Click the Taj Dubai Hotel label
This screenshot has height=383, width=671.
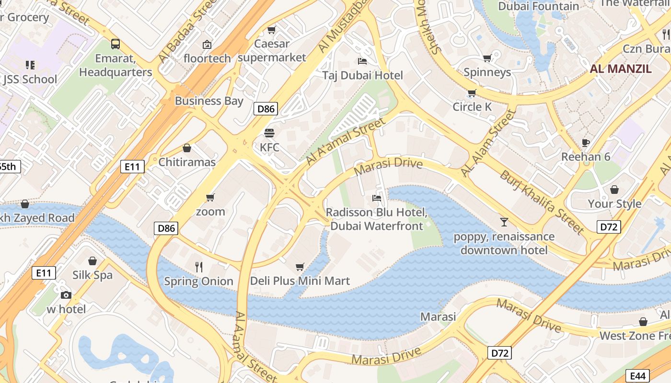pyautogui.click(x=362, y=75)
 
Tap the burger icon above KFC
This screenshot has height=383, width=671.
pyautogui.click(x=269, y=133)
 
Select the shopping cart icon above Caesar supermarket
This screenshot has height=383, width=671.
pyautogui.click(x=271, y=30)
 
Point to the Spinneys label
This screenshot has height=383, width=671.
pyautogui.click(x=487, y=72)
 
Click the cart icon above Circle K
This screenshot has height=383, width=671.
pyautogui.click(x=472, y=93)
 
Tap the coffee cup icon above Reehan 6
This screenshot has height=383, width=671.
pyautogui.click(x=585, y=143)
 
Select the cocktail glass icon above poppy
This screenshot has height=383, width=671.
pyautogui.click(x=504, y=222)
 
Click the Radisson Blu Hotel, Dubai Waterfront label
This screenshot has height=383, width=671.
pyautogui.click(x=377, y=219)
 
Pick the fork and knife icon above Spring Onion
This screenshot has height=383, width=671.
pyautogui.click(x=199, y=267)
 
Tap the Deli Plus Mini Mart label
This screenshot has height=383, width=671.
pyautogui.click(x=300, y=281)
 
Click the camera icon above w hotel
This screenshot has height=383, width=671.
pyautogui.click(x=66, y=295)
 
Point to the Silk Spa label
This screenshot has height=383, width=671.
pyautogui.click(x=93, y=275)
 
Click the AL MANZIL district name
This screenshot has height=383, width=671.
pyautogui.click(x=620, y=68)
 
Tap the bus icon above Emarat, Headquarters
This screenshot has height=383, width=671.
pyautogui.click(x=116, y=44)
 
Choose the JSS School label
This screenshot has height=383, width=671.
pyautogui.click(x=30, y=79)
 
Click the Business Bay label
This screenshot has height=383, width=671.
pyautogui.click(x=209, y=101)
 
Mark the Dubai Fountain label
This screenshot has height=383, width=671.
pyautogui.click(x=539, y=6)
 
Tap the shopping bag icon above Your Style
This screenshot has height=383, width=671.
pyautogui.click(x=614, y=190)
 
